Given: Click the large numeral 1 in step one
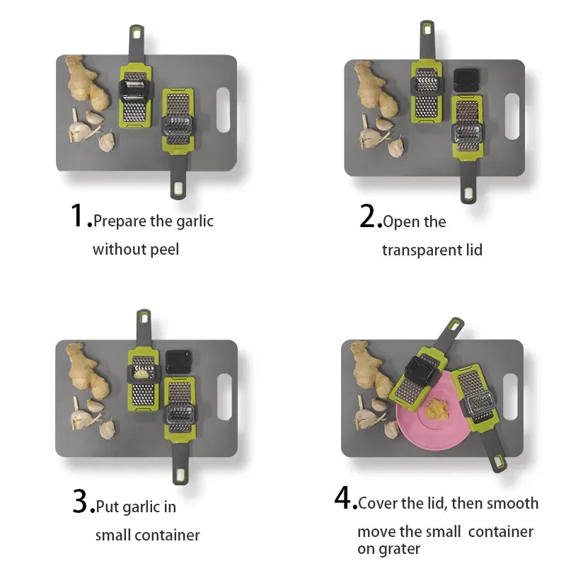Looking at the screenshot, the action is click(x=77, y=215).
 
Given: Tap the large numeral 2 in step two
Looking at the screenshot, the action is click(x=368, y=216).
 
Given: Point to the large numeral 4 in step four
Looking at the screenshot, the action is click(x=342, y=497).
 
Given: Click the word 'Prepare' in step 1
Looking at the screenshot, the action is click(x=120, y=221).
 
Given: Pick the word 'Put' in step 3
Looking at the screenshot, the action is click(x=108, y=507).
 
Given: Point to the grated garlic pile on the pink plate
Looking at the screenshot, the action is click(x=437, y=409).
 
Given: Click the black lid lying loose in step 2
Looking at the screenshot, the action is click(x=467, y=80).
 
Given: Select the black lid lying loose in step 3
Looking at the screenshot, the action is click(x=178, y=362).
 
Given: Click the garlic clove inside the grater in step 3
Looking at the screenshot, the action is click(x=141, y=374).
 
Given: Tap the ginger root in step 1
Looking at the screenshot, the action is click(x=87, y=83).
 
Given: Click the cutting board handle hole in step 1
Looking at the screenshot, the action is click(x=223, y=110).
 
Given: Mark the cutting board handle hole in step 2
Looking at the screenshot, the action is click(x=512, y=116).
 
